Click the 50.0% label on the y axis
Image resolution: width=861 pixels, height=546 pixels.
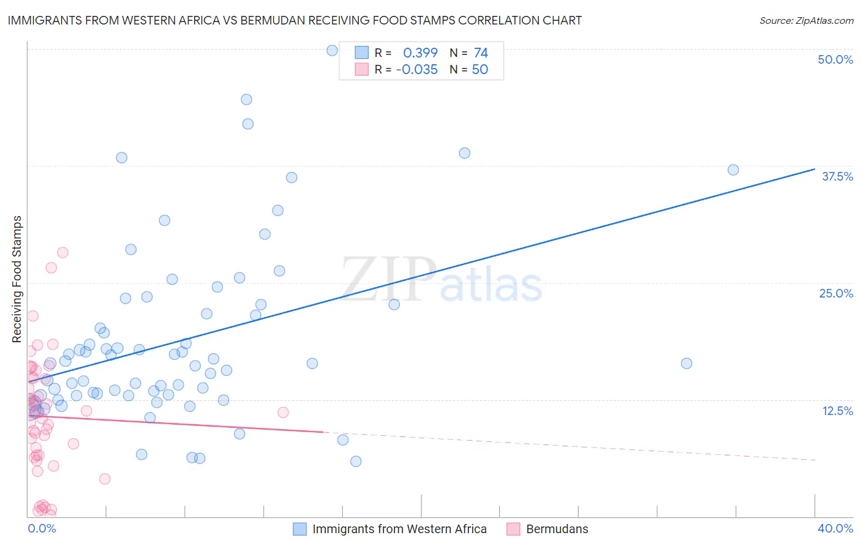click(835, 59)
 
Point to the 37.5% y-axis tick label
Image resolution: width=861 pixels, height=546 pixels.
click(837, 176)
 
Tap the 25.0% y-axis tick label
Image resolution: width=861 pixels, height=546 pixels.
click(836, 293)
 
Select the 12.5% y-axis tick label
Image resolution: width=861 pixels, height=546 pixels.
click(837, 411)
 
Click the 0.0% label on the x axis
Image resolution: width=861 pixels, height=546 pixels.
click(42, 528)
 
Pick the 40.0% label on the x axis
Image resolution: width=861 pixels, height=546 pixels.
click(835, 528)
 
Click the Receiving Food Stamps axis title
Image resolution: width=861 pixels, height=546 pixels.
click(17, 279)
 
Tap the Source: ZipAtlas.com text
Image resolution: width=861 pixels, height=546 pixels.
click(806, 20)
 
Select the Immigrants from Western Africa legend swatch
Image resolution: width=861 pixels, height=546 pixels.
click(299, 529)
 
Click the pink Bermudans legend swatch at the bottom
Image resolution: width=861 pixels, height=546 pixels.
click(513, 529)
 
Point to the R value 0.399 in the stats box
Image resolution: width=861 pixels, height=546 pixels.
click(420, 53)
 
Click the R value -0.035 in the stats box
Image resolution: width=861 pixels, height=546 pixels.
click(417, 69)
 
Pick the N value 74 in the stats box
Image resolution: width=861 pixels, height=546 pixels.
click(481, 53)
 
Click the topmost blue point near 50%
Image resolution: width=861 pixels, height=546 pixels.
click(332, 50)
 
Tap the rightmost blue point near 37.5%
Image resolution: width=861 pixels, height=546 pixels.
click(733, 170)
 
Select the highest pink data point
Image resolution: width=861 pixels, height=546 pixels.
click(62, 252)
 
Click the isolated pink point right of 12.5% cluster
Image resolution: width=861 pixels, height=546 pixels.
click(283, 412)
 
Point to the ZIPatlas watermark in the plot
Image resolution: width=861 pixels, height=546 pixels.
click(442, 280)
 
